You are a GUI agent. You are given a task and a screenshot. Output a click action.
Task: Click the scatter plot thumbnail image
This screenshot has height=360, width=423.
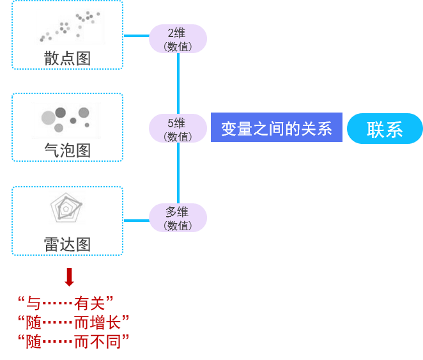pos(69,26)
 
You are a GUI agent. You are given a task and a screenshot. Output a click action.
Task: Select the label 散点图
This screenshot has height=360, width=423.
pos(67,58)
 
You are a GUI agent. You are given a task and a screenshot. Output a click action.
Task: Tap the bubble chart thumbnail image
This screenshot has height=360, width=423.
pos(66,120)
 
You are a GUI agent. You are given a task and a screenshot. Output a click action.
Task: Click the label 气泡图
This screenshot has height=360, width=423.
pos(67,151)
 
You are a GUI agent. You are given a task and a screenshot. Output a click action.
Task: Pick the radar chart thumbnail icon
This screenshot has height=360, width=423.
pos(67,208)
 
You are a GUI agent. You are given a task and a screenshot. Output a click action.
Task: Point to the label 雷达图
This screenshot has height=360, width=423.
pos(67,244)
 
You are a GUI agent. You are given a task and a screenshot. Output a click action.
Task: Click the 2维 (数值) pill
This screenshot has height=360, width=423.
pos(178,39)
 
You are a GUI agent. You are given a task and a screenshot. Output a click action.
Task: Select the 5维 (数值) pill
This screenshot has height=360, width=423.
pos(178,129)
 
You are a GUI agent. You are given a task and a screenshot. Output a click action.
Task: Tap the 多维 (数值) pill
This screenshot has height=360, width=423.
pos(178,218)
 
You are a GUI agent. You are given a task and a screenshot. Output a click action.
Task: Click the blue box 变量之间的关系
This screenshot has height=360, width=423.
pos(276,129)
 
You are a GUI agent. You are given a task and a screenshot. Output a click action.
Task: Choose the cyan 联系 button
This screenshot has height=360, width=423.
pos(385,129)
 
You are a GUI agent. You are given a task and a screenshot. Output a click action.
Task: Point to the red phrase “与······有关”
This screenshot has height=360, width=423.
pos(66,302)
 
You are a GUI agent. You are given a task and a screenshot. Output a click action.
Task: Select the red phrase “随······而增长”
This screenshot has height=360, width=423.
pos(73,322)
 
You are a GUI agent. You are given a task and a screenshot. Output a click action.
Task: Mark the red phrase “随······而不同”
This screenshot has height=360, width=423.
pos(73,341)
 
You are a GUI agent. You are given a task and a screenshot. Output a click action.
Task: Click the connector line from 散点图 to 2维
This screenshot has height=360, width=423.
pos(135,36)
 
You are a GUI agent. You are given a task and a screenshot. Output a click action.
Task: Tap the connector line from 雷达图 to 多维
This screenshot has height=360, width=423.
pos(135,221)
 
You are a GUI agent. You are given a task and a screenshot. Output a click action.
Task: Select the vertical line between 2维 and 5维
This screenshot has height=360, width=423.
pos(178,83)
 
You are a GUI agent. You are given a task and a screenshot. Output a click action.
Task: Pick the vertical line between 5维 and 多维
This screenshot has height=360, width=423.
pos(178,173)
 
